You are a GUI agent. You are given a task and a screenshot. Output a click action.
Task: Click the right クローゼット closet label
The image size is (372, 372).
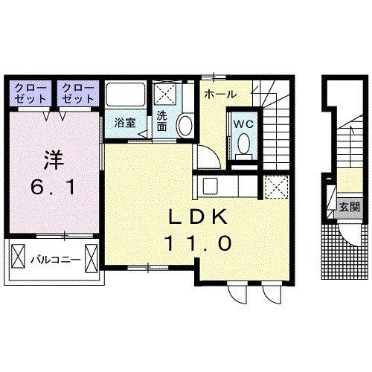coord(77,92)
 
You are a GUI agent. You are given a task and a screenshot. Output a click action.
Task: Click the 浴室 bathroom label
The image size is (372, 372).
coord(125,122)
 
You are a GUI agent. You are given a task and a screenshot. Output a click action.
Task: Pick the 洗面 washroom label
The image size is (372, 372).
coord(161,121)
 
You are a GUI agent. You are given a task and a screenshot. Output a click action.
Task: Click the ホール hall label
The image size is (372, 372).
coord(220,94)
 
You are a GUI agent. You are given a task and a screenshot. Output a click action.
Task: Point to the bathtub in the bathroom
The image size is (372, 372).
coord(125,95)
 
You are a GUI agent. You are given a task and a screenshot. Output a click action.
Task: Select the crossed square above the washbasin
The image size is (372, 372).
coord(165,95)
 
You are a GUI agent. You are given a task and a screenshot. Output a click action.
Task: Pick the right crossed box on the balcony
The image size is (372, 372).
coord(91,259)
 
